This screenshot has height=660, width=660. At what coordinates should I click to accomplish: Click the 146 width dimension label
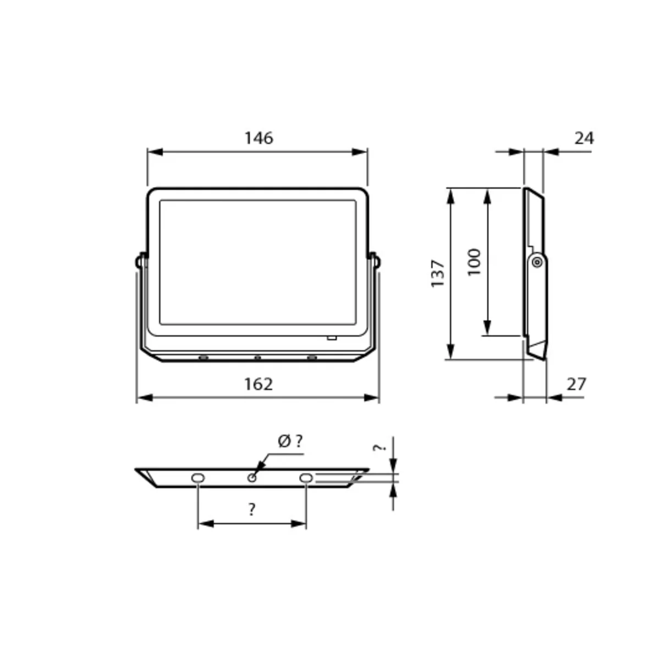pos(258,138)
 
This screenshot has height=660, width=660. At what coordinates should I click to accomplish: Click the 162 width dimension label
pos(258,384)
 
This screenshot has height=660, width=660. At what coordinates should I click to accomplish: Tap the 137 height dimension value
pos(438,274)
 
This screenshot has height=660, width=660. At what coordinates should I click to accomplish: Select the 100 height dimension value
pos(474,262)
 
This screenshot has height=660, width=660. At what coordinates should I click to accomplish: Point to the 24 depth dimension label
pos(584,138)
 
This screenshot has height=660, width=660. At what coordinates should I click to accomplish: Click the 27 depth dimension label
pos(576,384)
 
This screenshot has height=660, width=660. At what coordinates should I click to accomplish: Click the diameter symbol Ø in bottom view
pos(284,441)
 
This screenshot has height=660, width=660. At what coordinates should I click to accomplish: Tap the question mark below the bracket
pos(252,510)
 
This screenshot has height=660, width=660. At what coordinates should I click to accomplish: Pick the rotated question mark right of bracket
pos(380,448)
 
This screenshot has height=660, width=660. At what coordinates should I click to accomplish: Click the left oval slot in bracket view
pos(197,478)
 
